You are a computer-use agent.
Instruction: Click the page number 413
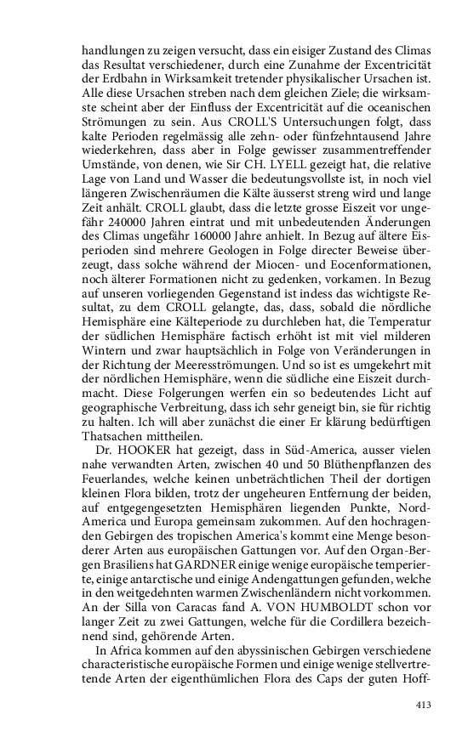pos(425,704)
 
